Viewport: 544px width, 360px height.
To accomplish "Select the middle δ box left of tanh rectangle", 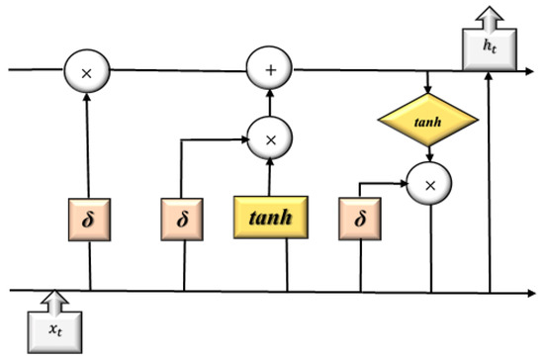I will (182, 218).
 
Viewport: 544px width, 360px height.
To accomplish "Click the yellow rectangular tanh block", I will (270, 218).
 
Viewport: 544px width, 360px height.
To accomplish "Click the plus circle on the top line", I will (267, 71).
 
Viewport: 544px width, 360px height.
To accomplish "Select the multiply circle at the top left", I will (86, 71).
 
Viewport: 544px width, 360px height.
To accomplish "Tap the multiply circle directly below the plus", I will (267, 139).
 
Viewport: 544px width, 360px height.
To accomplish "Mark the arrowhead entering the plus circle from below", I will (267, 96).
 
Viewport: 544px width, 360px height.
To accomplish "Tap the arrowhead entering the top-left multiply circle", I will (86, 96).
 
